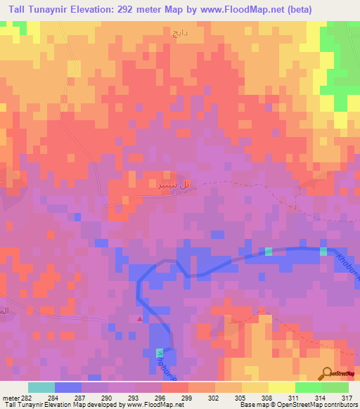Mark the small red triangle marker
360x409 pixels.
click(139, 318)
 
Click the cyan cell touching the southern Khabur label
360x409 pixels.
click(158, 356)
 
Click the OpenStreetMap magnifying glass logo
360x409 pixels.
click(327, 373)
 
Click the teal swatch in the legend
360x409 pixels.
click(41, 387)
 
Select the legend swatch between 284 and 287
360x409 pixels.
click(67, 387)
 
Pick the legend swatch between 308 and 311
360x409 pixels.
click(281, 387)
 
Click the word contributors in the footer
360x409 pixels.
click(336, 405)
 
